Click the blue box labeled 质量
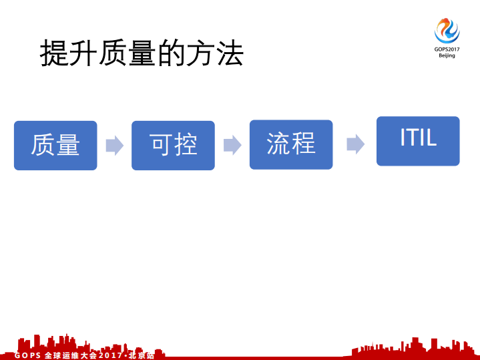pyautogui.click(x=55, y=145)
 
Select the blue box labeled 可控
pyautogui.click(x=173, y=145)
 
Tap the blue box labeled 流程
pyautogui.click(x=290, y=144)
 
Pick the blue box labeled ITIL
pyautogui.click(x=418, y=141)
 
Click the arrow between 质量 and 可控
pyautogui.click(x=115, y=145)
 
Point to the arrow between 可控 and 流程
pyautogui.click(x=232, y=145)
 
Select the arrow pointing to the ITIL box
pyautogui.click(x=355, y=144)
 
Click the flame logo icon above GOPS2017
pyautogui.click(x=447, y=31)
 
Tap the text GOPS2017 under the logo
pyautogui.click(x=447, y=49)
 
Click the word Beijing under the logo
pyautogui.click(x=447, y=56)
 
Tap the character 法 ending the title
pyautogui.click(x=229, y=53)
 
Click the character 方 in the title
pyautogui.click(x=200, y=53)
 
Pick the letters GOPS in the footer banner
pyautogui.click(x=27, y=355)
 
